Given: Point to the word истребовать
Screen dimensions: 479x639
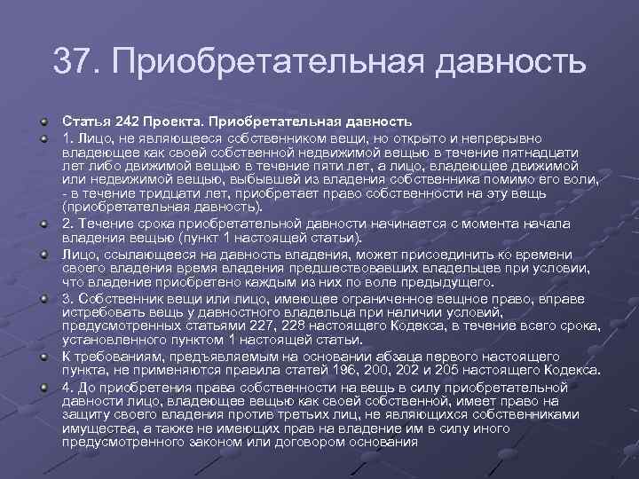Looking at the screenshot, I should pos(103,311).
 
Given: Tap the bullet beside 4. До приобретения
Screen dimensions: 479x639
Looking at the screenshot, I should pos(44,387).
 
